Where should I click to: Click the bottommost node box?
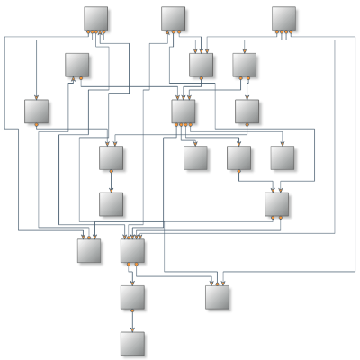(132, 343)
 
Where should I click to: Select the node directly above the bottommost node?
(132, 296)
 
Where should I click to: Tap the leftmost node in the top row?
(95, 19)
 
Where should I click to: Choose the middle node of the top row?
(174, 19)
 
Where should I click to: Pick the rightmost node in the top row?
(283, 19)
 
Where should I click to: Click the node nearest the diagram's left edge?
(36, 111)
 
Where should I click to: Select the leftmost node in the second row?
(76, 65)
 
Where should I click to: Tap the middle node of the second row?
(201, 65)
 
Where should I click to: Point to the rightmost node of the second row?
(245, 65)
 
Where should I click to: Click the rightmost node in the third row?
(247, 111)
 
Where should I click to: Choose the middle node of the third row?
(184, 111)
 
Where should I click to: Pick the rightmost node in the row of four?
(283, 157)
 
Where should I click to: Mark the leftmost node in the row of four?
(111, 157)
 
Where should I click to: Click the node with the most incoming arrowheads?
(132, 250)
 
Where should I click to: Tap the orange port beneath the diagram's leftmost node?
(36, 124)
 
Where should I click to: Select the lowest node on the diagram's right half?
(217, 296)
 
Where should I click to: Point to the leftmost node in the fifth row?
(111, 204)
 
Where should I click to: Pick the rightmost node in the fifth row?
(276, 204)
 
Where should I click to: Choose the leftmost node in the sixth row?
(88, 250)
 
